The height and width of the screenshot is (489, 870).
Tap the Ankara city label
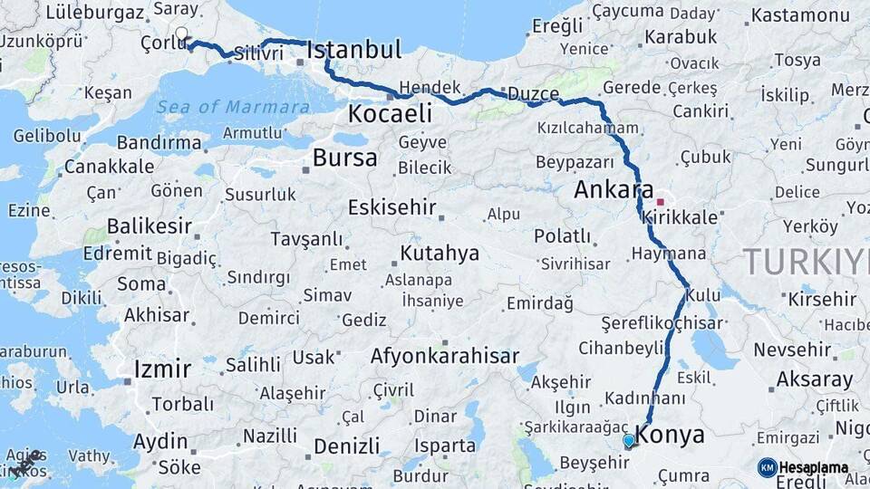point(614,190)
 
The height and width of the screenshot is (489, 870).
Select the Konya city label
point(671,435)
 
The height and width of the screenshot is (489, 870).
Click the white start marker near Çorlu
point(181,34)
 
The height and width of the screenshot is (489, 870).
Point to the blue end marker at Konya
point(629,441)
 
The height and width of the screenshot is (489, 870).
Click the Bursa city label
point(344,158)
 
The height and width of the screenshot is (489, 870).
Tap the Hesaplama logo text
point(813,468)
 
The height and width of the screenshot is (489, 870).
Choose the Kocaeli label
point(390,114)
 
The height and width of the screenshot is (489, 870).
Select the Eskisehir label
point(392,207)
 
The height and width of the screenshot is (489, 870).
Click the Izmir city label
point(162,369)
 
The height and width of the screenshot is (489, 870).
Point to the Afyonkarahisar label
point(444,356)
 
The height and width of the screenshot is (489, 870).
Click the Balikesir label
point(150,225)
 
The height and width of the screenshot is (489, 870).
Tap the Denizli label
point(347,446)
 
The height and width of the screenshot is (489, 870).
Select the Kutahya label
point(440,253)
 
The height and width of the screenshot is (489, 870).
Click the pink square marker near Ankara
point(661,202)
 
